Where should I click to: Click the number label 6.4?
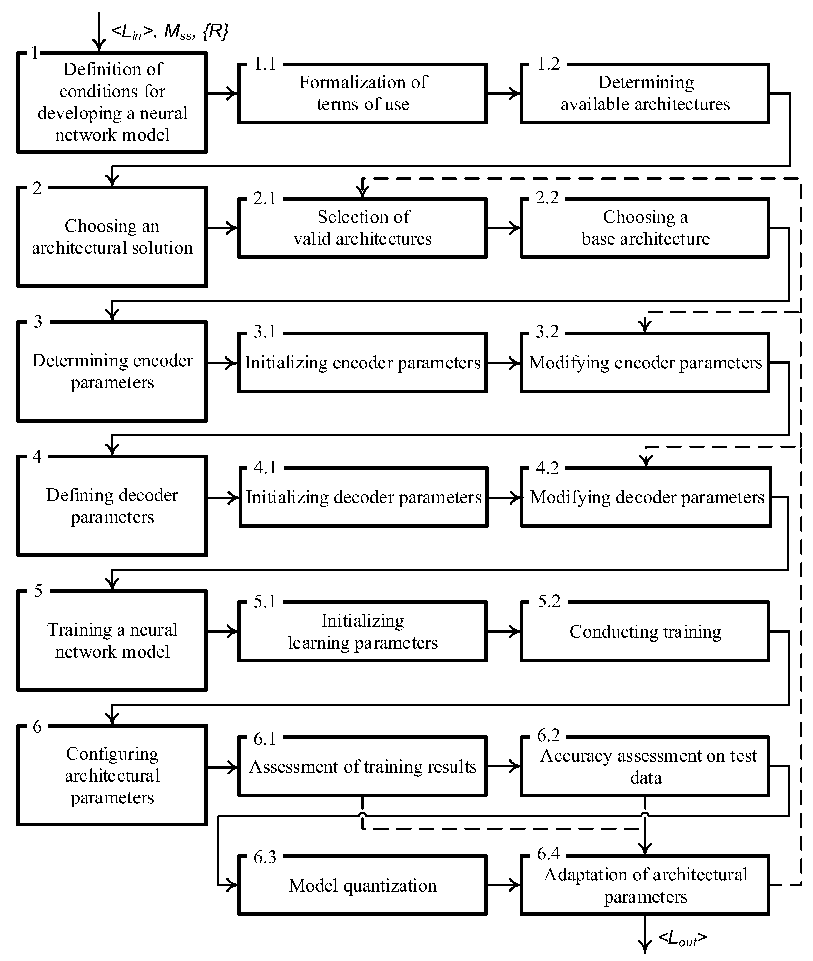(x=548, y=854)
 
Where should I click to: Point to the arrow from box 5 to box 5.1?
(x=223, y=632)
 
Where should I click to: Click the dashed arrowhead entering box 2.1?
(x=363, y=189)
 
